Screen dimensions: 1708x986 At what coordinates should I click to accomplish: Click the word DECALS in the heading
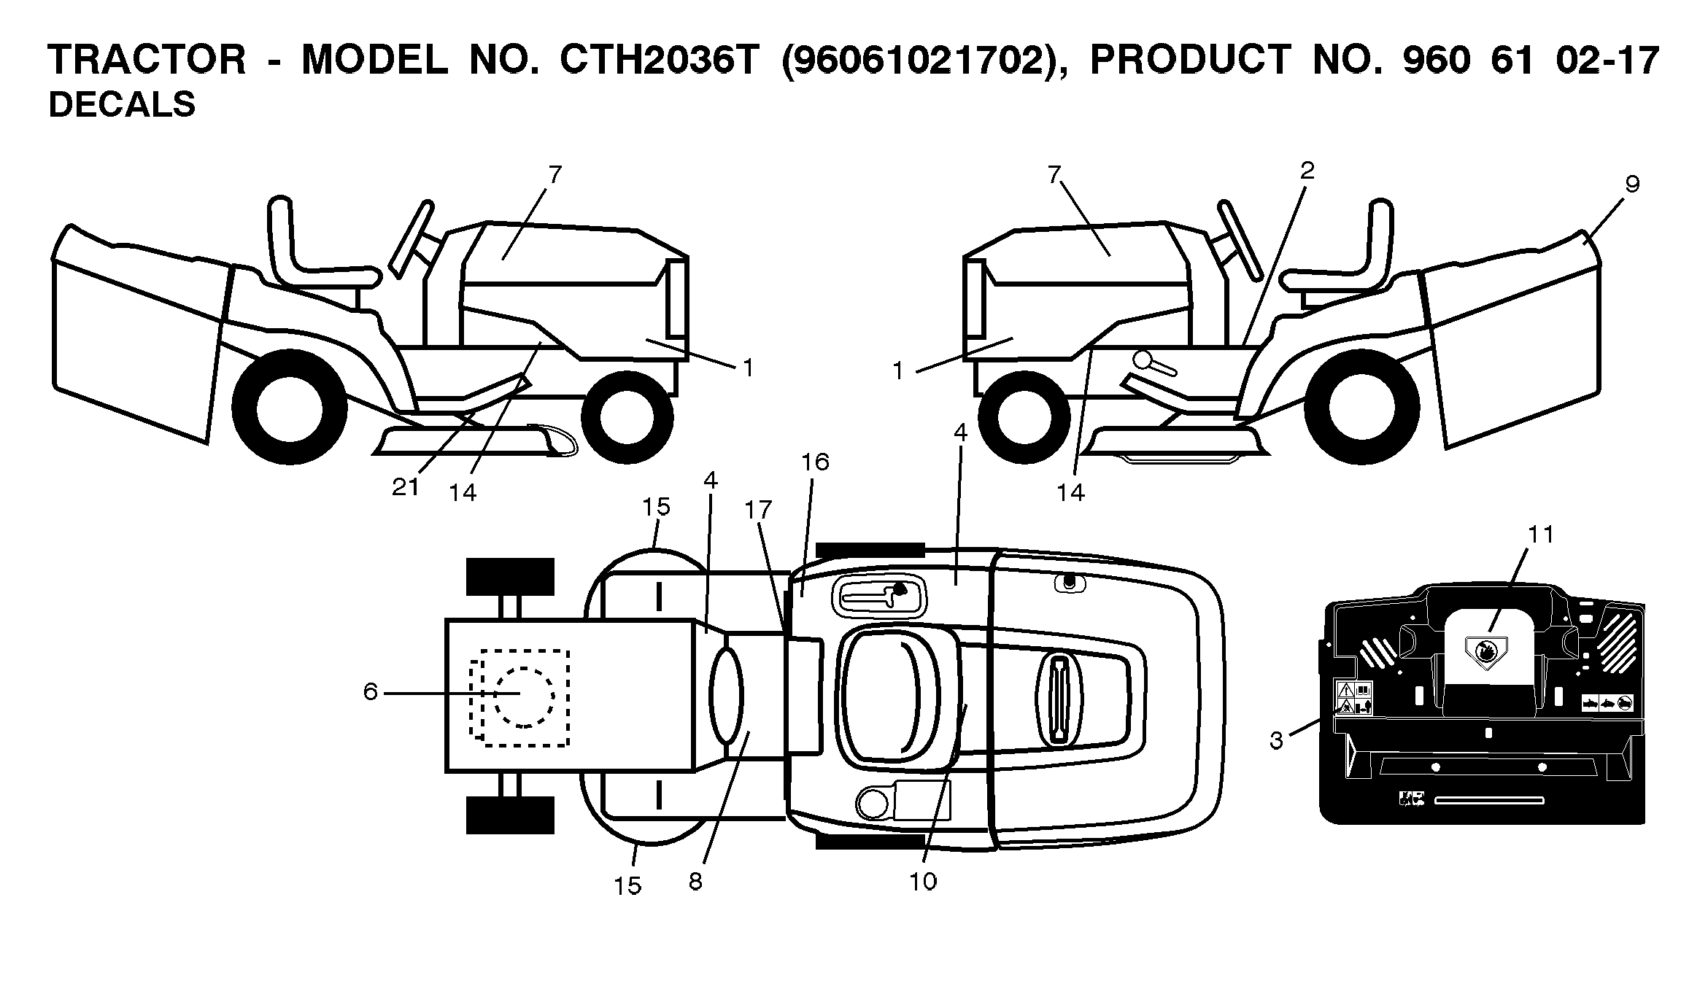122,105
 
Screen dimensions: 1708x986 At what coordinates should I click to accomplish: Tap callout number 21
406,487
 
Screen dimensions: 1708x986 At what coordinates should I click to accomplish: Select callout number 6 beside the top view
371,692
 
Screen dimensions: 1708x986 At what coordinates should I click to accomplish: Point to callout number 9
1633,185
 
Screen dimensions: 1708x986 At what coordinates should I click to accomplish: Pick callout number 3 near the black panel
1276,741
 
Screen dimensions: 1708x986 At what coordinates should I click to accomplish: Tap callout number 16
815,462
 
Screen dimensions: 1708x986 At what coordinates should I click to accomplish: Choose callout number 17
758,509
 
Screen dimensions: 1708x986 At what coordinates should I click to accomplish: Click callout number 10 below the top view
923,882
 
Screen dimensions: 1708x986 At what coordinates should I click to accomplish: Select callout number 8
695,882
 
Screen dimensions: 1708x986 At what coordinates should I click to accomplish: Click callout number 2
1307,171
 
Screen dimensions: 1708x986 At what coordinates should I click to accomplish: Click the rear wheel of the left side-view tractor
289,407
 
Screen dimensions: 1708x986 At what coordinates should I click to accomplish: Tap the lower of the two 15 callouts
627,886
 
